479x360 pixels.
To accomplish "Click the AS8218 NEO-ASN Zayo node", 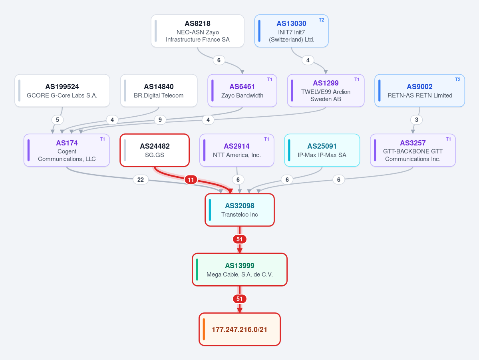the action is pyautogui.click(x=197, y=31).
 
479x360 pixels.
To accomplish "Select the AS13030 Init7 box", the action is pyautogui.click(x=291, y=31).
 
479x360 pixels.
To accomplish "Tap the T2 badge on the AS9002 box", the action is pyautogui.click(x=457, y=80).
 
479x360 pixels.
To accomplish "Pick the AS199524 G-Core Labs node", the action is pyautogui.click(x=62, y=91).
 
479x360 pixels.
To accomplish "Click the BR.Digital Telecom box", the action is pyautogui.click(x=159, y=91).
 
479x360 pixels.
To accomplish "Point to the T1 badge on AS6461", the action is pyautogui.click(x=269, y=80).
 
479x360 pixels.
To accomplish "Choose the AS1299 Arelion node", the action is pyautogui.click(x=326, y=91).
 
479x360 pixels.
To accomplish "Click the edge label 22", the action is pyautogui.click(x=141, y=180).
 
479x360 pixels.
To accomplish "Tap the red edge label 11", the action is pyautogui.click(x=191, y=180).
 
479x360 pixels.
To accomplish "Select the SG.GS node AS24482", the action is pyautogui.click(x=155, y=150).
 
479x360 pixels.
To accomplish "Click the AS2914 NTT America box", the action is pyautogui.click(x=237, y=150).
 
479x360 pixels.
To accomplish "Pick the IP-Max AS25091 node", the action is pyautogui.click(x=322, y=150).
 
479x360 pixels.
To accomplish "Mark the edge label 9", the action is pyautogui.click(x=160, y=120).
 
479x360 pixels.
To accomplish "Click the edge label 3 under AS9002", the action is pyautogui.click(x=416, y=120).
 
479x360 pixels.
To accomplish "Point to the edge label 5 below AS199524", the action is pyautogui.click(x=58, y=120).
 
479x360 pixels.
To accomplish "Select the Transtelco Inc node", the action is pyautogui.click(x=240, y=210).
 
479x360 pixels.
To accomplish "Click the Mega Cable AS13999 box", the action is pyautogui.click(x=240, y=270).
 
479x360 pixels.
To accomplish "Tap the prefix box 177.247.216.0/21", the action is pyautogui.click(x=240, y=330).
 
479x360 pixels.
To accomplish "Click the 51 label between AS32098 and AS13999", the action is pyautogui.click(x=240, y=239).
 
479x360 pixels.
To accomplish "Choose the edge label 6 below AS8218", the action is pyautogui.click(x=219, y=60).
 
